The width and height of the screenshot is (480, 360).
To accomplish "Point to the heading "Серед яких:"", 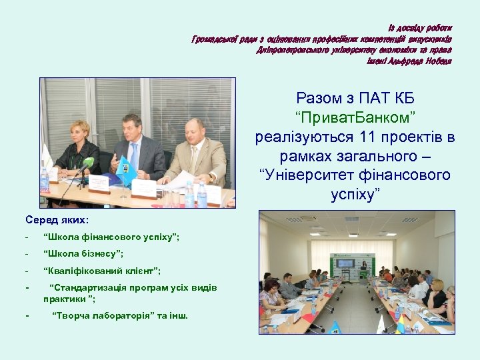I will point(57,219).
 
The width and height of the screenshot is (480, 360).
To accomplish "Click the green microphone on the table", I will point(87,162).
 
